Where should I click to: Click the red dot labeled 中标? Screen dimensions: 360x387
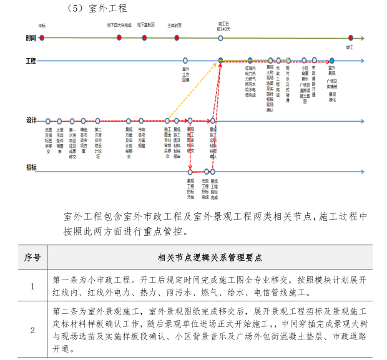(42, 38)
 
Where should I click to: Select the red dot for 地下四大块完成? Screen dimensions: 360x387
(119, 38)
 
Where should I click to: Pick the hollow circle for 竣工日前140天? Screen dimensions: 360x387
(220, 38)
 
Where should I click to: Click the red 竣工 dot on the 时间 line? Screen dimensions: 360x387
(350, 38)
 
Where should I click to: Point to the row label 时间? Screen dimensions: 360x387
(31, 38)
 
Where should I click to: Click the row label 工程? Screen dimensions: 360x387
(31, 61)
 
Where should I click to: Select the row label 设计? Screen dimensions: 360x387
(31, 120)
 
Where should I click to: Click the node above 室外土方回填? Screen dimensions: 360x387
(185, 61)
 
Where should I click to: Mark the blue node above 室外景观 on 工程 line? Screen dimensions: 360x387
(332, 61)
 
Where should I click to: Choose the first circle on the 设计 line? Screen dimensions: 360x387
(48, 120)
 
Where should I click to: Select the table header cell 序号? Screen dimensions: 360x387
(32, 257)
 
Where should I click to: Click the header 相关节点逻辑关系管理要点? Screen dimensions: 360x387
(210, 257)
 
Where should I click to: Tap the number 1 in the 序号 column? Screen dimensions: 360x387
(32, 286)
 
